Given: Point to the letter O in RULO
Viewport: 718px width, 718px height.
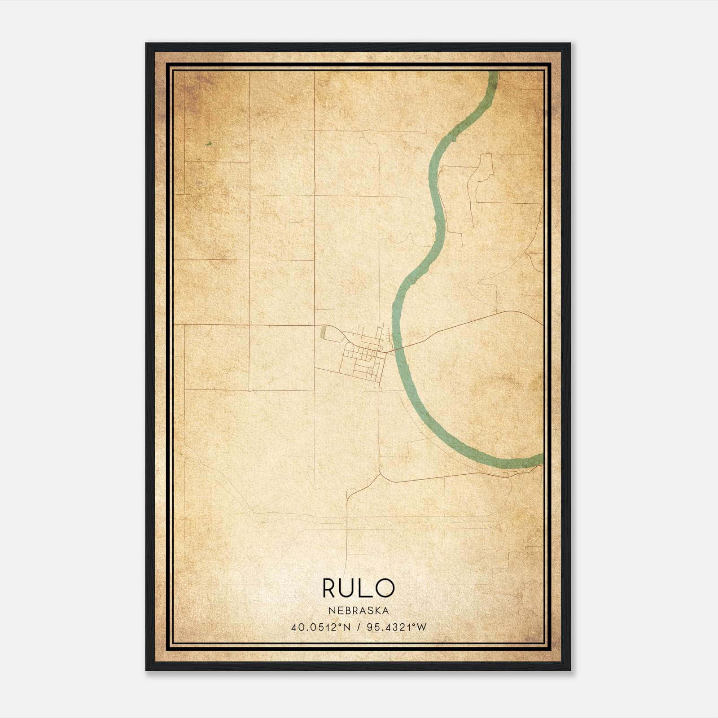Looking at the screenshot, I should [x=385, y=588].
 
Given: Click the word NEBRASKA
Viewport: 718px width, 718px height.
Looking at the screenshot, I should [x=358, y=611].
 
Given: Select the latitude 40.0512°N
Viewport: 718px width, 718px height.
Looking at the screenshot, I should [x=315, y=627].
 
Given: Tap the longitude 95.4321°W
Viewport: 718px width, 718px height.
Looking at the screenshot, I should [x=396, y=627].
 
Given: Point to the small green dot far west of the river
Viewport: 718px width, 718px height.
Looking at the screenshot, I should [x=208, y=144].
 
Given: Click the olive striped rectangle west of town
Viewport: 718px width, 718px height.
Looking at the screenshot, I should [x=323, y=333].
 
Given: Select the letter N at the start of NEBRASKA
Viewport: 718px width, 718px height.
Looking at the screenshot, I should [x=331, y=611].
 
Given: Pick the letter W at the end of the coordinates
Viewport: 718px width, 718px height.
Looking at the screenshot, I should [x=421, y=627].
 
